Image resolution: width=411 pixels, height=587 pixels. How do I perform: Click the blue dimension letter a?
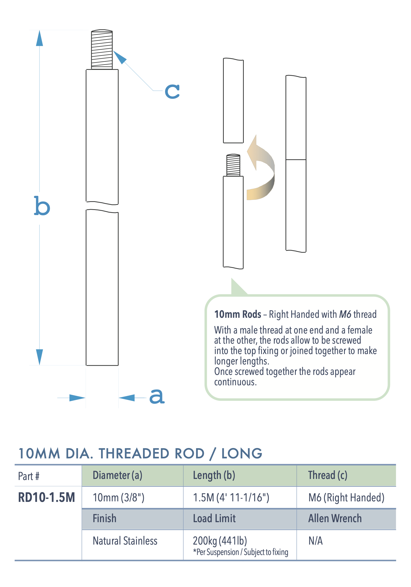point(157,396)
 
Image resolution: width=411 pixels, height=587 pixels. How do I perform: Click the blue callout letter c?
point(172,92)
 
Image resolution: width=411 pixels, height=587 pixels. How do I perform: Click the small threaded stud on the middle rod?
point(233,165)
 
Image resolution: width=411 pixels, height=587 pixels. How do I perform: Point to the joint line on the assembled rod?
point(296,160)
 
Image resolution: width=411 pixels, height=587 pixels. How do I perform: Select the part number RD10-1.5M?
point(46,498)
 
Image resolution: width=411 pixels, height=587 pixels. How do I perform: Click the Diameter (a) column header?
point(117,475)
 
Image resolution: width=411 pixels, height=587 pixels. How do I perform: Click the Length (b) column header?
point(214,475)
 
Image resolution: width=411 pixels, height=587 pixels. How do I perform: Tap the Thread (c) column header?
point(328,475)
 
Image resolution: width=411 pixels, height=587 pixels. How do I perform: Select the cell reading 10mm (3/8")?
point(118,498)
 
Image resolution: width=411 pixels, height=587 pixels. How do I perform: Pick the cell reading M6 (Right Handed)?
point(346,498)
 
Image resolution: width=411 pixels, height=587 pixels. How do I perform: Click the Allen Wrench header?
point(335,518)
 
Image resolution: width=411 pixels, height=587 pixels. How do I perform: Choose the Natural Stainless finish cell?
point(125,541)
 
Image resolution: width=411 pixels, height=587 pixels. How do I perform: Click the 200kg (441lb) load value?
point(220,541)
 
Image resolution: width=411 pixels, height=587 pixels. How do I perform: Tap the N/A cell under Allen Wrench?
point(316,541)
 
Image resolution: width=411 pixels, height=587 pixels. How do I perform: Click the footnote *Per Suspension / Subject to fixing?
point(241,552)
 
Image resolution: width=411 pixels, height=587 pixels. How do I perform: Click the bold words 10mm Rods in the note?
point(238,314)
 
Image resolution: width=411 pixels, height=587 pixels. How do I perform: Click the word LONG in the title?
point(242,454)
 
